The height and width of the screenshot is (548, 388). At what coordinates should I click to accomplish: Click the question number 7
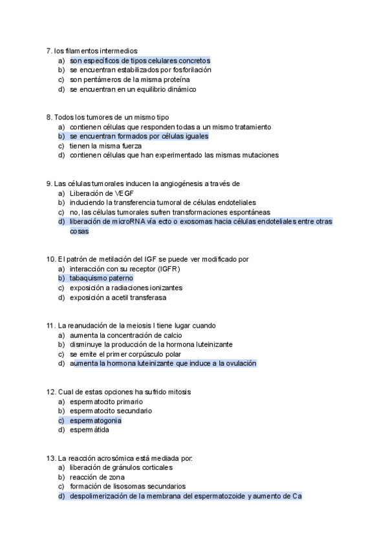[49, 50]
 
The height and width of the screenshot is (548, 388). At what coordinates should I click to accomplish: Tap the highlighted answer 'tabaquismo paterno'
[102, 279]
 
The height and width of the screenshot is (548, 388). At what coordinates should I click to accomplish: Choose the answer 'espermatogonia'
[96, 421]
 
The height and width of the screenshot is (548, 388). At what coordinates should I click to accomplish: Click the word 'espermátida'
[90, 430]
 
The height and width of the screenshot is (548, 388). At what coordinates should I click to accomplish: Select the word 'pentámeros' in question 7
[107, 79]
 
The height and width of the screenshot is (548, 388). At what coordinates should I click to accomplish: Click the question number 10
[51, 259]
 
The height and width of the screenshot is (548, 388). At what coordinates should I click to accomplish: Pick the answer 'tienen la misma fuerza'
[106, 146]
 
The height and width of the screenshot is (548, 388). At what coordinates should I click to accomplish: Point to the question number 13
[51, 458]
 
